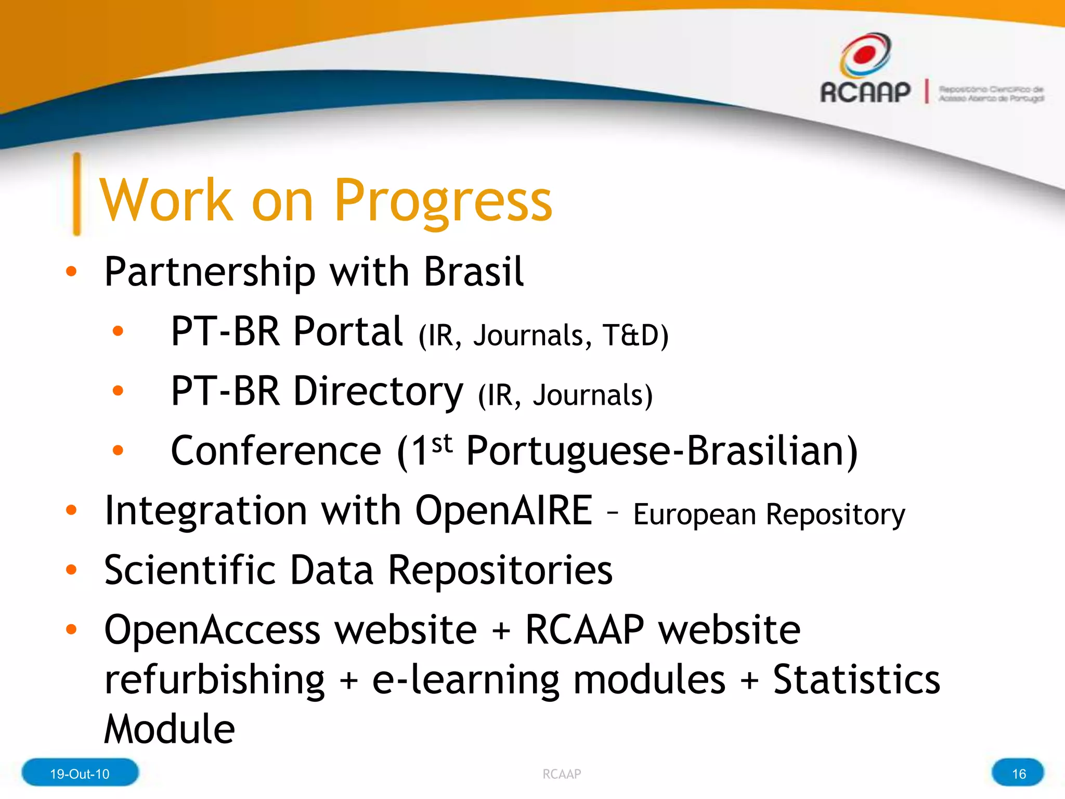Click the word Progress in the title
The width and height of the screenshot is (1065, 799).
click(443, 200)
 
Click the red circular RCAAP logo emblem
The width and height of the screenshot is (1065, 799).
click(865, 54)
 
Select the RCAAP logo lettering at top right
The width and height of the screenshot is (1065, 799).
click(865, 92)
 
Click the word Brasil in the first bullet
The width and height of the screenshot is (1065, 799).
click(473, 272)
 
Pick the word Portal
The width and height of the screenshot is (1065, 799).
click(348, 331)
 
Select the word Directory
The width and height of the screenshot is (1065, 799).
click(378, 391)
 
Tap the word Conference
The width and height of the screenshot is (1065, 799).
click(276, 451)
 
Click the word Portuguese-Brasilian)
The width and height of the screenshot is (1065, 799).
click(661, 451)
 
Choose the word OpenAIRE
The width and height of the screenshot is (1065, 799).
click(503, 510)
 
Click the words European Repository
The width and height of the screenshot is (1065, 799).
click(769, 514)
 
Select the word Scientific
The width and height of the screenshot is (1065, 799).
click(189, 570)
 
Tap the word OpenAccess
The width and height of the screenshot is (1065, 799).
click(213, 630)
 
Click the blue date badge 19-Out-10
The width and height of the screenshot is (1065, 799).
click(80, 774)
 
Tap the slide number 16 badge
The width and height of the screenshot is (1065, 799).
click(1018, 774)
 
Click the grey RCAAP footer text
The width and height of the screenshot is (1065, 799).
click(562, 774)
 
